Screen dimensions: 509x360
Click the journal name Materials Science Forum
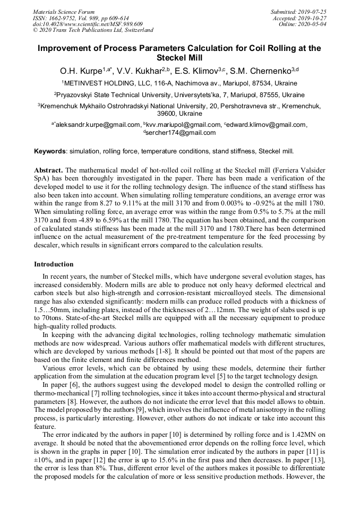point(64,12)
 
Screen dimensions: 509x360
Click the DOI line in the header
point(88,24)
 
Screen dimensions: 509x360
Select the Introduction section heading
point(54,264)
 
